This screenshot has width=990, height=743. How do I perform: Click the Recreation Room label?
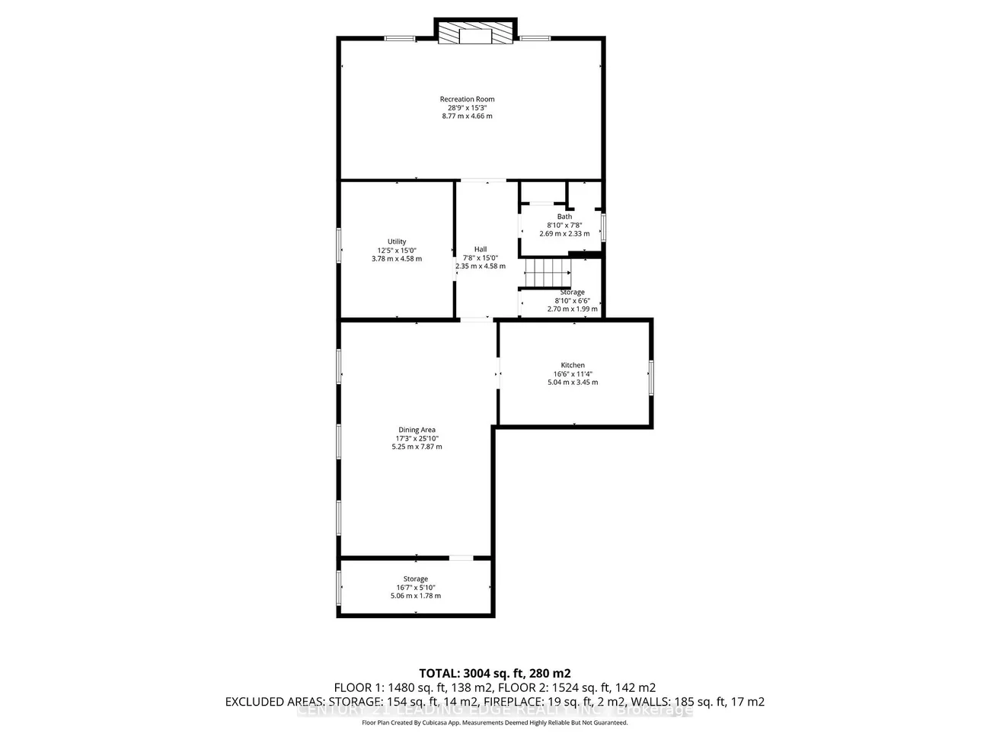click(x=467, y=99)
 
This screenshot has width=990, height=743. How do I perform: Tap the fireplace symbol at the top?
click(x=476, y=33)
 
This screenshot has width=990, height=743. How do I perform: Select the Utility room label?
click(x=397, y=242)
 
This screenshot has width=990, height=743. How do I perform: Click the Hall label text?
click(x=481, y=249)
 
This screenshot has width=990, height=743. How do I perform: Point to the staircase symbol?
click(x=547, y=272)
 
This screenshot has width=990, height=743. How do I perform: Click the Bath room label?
click(x=564, y=216)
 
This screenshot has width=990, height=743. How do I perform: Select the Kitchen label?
click(x=573, y=365)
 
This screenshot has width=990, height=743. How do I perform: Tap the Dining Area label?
click(x=417, y=430)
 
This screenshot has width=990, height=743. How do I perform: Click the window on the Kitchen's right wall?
click(x=651, y=377)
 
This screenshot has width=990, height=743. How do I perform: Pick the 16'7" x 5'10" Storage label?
click(x=416, y=579)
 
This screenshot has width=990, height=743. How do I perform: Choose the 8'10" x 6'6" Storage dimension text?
click(x=573, y=300)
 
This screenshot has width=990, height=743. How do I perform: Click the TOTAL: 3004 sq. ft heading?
click(x=495, y=673)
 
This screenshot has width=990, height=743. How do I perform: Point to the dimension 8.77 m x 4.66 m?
click(x=467, y=116)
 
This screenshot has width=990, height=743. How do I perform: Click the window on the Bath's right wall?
click(x=602, y=227)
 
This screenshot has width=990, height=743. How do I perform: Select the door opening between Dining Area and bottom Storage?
click(x=460, y=559)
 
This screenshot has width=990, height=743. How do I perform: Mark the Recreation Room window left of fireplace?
click(x=399, y=38)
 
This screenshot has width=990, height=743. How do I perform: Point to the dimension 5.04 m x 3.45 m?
click(x=573, y=382)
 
